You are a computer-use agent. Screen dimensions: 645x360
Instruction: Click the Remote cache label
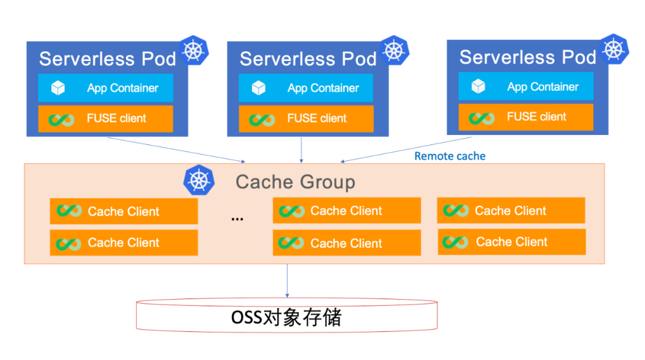[450, 156]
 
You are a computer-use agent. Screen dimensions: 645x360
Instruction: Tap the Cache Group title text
[296, 182]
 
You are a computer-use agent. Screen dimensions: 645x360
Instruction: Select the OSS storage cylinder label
[286, 317]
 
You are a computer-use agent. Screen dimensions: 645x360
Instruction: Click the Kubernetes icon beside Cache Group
[199, 180]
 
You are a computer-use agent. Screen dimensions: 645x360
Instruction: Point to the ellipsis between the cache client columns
[237, 219]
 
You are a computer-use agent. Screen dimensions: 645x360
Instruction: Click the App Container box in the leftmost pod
[106, 88]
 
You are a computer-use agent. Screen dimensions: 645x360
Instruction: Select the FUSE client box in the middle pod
[306, 118]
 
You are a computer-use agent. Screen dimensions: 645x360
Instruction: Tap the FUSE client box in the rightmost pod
[526, 117]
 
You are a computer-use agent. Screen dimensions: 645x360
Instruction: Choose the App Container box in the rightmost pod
[526, 86]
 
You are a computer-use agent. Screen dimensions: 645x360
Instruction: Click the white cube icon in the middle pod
[259, 88]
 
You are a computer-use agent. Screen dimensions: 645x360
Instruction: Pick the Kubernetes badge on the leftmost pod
[193, 51]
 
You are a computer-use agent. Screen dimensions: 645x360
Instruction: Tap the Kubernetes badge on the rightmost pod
[614, 49]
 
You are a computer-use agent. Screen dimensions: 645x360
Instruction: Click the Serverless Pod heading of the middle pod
[308, 59]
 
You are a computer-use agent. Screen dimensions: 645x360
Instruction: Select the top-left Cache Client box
[124, 211]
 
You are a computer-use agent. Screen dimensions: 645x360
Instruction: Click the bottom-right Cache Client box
[512, 242]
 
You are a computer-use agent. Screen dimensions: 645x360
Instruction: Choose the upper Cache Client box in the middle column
[347, 210]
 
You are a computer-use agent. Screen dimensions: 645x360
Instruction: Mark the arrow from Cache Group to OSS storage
[287, 281]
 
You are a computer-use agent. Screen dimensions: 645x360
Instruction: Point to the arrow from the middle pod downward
[302, 150]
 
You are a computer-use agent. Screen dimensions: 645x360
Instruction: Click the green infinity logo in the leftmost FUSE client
[62, 120]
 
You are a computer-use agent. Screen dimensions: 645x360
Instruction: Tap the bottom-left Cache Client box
[124, 243]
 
